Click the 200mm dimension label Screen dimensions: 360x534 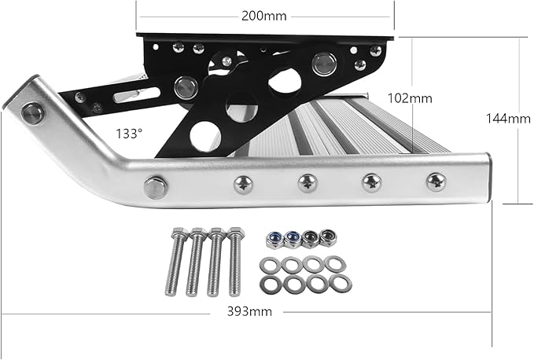click(x=263, y=15)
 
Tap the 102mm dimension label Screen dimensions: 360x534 click(x=411, y=98)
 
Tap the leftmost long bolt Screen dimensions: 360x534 click(x=176, y=262)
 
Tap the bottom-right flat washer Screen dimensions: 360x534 click(x=341, y=282)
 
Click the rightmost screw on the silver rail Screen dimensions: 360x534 click(x=435, y=182)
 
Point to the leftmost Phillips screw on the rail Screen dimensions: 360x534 click(x=243, y=186)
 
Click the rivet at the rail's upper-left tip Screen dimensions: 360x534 click(x=33, y=112)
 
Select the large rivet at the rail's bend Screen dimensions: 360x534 click(x=155, y=187)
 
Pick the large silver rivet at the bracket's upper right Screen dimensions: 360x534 click(x=322, y=64)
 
